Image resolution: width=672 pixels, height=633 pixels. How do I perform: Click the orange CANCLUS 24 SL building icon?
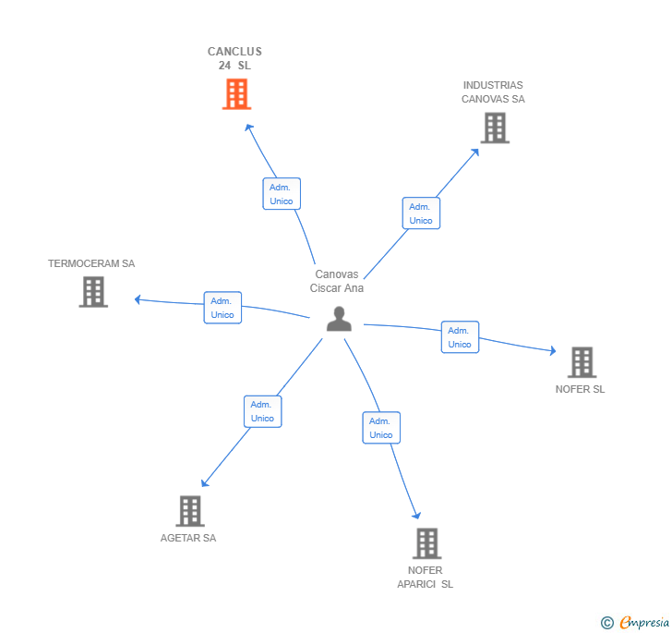click(x=236, y=93)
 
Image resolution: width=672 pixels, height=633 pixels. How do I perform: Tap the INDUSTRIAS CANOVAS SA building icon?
click(x=495, y=128)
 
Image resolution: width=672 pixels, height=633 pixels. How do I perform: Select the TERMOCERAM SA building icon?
click(x=93, y=292)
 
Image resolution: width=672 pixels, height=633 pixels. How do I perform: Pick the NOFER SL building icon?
click(x=582, y=362)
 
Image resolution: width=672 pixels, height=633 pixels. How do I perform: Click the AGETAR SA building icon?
click(x=189, y=511)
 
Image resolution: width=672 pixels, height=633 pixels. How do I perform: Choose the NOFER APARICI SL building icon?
click(x=426, y=543)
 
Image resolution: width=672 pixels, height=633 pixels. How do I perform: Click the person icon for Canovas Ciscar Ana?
click(x=339, y=319)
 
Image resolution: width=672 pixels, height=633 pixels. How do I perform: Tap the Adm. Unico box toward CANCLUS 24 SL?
click(x=282, y=194)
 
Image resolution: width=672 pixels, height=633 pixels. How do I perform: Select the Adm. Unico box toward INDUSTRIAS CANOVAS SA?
click(x=421, y=213)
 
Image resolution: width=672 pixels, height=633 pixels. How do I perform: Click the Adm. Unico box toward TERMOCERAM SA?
click(x=222, y=308)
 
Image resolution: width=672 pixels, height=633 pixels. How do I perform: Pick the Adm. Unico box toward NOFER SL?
click(x=460, y=337)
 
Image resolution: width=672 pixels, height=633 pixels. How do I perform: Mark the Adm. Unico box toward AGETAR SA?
click(x=262, y=411)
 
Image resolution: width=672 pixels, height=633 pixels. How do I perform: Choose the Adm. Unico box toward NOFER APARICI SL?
click(x=381, y=428)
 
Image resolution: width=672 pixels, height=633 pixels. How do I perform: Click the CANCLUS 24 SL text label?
click(x=234, y=58)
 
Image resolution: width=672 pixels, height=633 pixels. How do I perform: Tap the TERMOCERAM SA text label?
click(x=91, y=263)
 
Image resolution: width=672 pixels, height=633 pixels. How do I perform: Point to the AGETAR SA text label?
click(x=188, y=538)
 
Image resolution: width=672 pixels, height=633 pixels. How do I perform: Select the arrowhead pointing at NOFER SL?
click(x=552, y=351)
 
